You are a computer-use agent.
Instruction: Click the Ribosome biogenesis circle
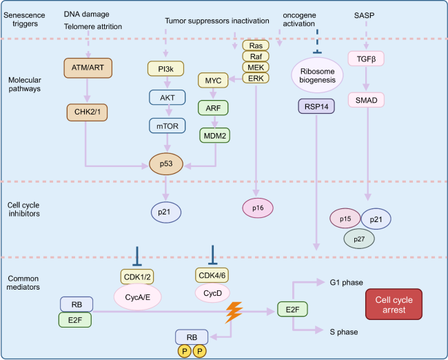(317, 74)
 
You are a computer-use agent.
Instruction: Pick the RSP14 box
(317, 108)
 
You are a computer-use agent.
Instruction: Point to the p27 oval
(360, 238)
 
